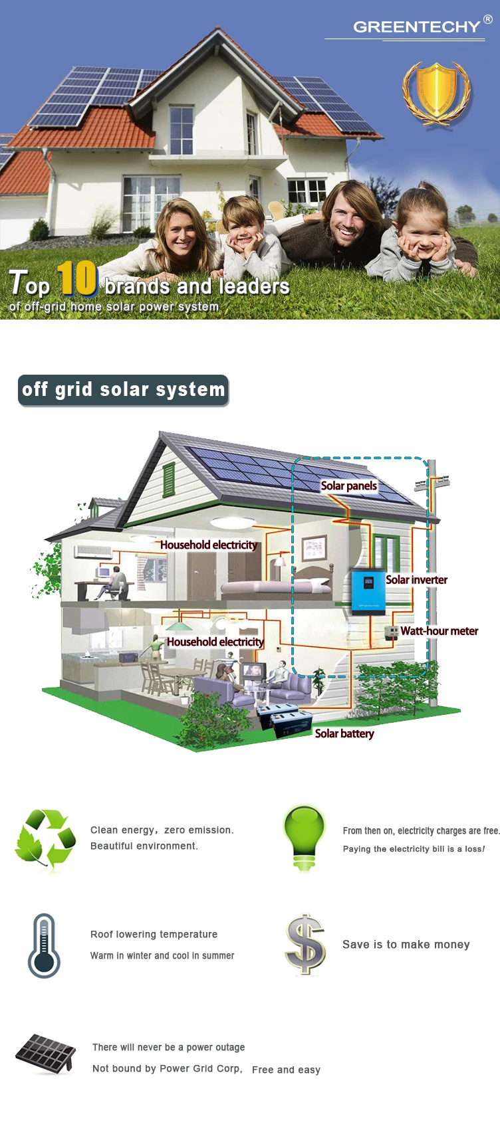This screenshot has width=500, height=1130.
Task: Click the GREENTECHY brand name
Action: click(x=416, y=27)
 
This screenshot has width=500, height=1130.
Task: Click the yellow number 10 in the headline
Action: click(x=77, y=278)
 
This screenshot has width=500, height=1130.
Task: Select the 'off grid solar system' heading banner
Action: click(x=123, y=390)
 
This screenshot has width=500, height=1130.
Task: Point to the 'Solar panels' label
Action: click(x=348, y=486)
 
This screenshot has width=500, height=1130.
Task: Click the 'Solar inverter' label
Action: click(x=416, y=580)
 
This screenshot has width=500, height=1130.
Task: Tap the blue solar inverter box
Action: click(x=368, y=590)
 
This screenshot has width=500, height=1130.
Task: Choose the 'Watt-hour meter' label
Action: click(x=439, y=631)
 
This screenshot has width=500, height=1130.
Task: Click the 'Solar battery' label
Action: click(x=344, y=733)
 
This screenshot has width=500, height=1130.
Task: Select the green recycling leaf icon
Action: click(x=45, y=839)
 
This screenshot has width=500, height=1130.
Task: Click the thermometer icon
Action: click(x=45, y=945)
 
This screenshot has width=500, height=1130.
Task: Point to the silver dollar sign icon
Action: click(x=305, y=944)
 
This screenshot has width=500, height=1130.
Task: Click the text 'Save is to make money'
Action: click(x=406, y=945)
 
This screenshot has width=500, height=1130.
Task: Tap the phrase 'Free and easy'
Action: click(x=286, y=1070)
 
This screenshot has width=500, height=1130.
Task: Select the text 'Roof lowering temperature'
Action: click(x=154, y=934)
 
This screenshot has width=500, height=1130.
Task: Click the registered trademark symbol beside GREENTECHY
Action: click(x=488, y=19)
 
